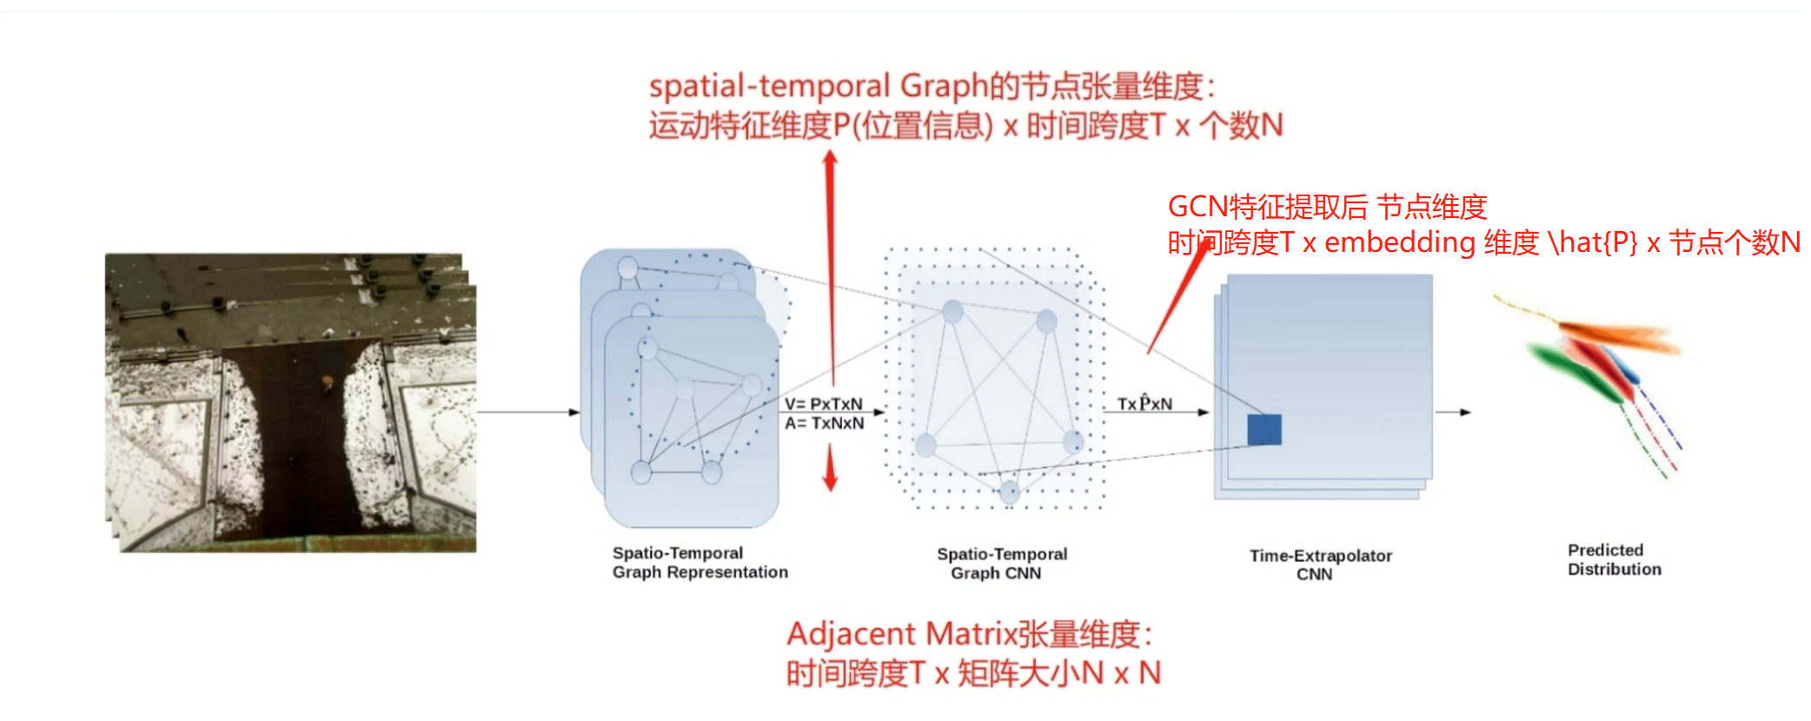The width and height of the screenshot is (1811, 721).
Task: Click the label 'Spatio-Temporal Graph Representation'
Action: click(x=700, y=562)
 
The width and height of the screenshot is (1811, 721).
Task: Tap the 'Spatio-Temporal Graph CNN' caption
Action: click(x=1001, y=563)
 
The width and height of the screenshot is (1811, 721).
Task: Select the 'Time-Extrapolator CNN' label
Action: click(x=1320, y=565)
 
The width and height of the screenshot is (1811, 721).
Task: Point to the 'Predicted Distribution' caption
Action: click(x=1614, y=559)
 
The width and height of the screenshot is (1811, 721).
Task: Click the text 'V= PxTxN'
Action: click(x=823, y=404)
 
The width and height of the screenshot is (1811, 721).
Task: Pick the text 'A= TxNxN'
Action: click(x=824, y=423)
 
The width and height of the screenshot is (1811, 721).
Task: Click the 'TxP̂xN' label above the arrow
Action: click(x=1144, y=404)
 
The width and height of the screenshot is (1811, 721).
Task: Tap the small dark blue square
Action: click(x=1264, y=429)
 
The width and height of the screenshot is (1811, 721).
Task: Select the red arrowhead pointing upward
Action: click(x=830, y=160)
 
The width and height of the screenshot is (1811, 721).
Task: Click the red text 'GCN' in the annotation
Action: click(x=1197, y=207)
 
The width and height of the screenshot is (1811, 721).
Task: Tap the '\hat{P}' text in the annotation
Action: click(x=1593, y=242)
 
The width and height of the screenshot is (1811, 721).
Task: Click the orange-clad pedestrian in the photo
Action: click(x=328, y=381)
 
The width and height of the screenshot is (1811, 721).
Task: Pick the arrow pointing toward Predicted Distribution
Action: click(x=1454, y=412)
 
